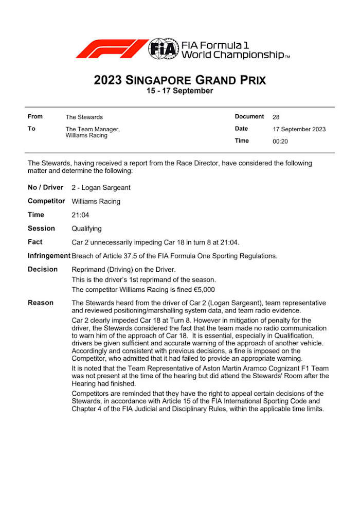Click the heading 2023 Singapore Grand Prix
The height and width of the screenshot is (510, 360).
(x=180, y=80)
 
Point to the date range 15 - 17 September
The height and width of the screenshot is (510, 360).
(x=180, y=91)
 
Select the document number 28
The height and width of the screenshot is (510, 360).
(x=276, y=117)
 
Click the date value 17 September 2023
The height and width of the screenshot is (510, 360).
(x=299, y=129)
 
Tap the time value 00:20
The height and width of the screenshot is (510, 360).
(x=280, y=141)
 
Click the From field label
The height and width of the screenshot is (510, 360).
(x=35, y=117)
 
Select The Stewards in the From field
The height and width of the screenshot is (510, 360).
(x=84, y=117)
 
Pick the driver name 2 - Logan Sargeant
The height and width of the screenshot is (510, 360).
(x=102, y=188)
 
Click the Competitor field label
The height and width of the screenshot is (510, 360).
(x=46, y=201)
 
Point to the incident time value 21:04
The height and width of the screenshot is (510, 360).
(x=80, y=215)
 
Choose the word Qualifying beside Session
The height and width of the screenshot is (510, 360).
(x=86, y=228)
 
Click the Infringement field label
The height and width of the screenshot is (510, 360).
(x=49, y=256)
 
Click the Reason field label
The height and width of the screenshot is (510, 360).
(x=41, y=303)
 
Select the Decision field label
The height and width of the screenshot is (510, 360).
(x=43, y=269)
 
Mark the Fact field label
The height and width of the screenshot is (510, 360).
(x=35, y=242)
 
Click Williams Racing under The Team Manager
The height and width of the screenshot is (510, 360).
(x=86, y=136)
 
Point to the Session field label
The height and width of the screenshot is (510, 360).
(x=41, y=228)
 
